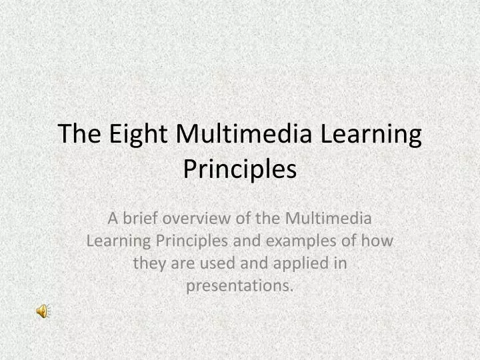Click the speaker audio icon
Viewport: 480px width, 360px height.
(x=42, y=311)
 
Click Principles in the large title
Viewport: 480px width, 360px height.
(x=239, y=169)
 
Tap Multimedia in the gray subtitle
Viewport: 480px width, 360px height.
(x=328, y=217)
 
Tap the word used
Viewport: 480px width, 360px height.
(x=208, y=263)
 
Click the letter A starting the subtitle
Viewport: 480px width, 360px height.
(x=113, y=217)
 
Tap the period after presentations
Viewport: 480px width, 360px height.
(x=291, y=289)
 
